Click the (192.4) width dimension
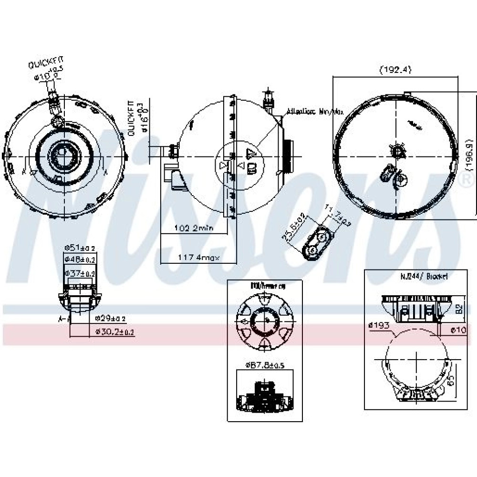click(x=395, y=70)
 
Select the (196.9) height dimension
click(x=470, y=156)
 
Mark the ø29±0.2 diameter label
click(x=110, y=318)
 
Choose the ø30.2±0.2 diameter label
click(x=114, y=331)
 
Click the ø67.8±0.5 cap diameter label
click(x=265, y=365)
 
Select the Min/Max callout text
click(x=315, y=113)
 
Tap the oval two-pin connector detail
click(x=317, y=242)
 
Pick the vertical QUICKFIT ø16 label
click(x=136, y=119)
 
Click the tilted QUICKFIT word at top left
click(x=45, y=63)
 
